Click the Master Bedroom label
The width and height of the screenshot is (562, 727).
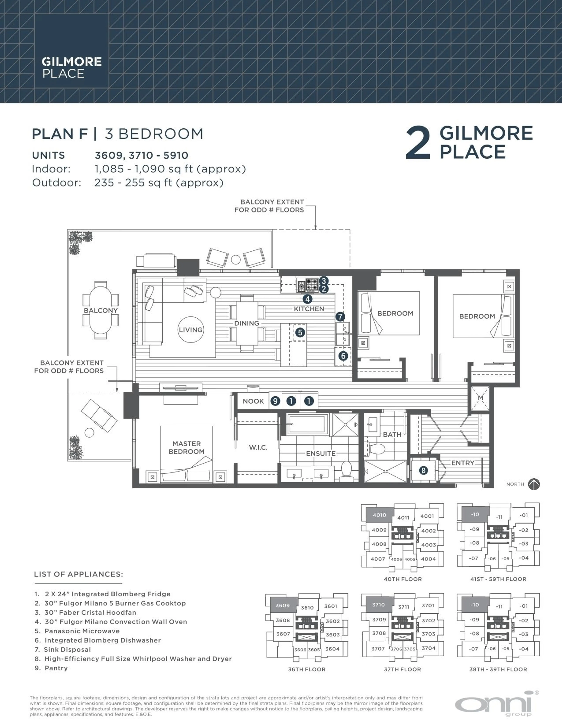186,447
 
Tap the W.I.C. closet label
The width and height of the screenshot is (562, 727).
258,447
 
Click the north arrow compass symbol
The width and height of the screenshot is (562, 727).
534,484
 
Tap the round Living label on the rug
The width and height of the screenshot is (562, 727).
190,329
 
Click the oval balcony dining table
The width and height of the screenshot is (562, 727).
101,310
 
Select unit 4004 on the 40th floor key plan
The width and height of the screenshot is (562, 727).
428,559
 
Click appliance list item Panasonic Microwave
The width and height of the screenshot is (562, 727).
82,631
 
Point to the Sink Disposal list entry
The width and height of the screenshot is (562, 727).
67,649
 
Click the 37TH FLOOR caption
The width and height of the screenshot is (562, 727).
402,669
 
